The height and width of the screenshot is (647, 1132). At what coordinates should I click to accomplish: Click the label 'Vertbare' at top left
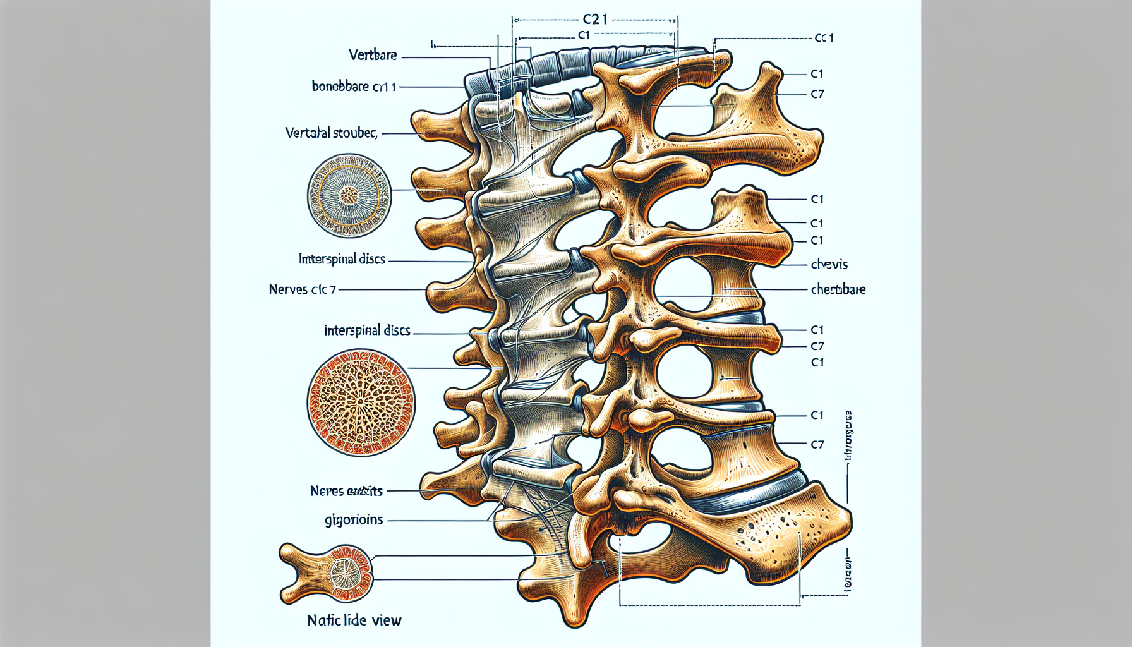click(x=373, y=55)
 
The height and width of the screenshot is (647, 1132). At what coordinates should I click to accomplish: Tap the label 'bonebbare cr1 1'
click(x=354, y=86)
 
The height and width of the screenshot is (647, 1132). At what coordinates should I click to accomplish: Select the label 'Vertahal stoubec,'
click(x=331, y=133)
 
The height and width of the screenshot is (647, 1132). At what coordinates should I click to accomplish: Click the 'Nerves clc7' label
click(x=302, y=289)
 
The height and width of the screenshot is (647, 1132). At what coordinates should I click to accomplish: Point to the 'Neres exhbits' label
click(x=346, y=491)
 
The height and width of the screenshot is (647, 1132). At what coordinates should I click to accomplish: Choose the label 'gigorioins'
click(x=354, y=520)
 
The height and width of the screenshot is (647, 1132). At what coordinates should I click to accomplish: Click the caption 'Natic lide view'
click(x=354, y=620)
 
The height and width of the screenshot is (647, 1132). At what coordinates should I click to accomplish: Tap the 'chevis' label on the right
click(x=829, y=264)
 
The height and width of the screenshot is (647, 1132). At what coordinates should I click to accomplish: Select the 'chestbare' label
click(x=838, y=289)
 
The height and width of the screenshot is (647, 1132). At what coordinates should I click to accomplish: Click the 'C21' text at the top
click(x=594, y=20)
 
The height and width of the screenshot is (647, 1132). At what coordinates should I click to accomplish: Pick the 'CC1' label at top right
click(x=824, y=38)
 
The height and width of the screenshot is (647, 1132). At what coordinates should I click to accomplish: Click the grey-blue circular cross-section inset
click(x=349, y=195)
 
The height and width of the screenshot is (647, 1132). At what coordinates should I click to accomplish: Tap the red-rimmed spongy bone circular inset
click(x=361, y=402)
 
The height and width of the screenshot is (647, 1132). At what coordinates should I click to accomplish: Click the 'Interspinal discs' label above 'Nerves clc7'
click(x=342, y=259)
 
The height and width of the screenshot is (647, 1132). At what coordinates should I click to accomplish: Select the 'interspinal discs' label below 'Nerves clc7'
click(x=367, y=330)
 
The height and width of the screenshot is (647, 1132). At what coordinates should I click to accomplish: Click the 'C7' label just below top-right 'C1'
click(x=817, y=94)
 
